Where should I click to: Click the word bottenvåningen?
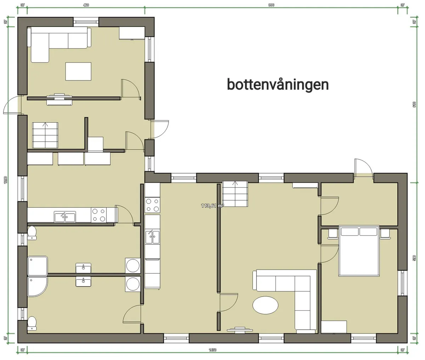pos(278,85)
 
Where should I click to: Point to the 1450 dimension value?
pos(212,350)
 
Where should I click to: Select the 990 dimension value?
pos(271,5)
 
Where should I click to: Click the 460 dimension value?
pos(85,5)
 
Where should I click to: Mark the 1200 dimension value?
pos(5,180)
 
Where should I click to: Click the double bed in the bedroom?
pos(359,251)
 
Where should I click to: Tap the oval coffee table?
pos(266,305)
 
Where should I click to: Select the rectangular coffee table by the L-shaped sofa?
pos(78,71)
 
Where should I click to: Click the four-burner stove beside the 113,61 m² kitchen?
pos(152,204)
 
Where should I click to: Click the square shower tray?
pos(38,265)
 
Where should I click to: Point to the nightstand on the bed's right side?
pos(385,234)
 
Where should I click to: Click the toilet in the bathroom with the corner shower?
pos(32,323)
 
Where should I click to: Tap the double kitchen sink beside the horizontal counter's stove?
pos(65,216)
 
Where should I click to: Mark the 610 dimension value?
pos(414,105)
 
